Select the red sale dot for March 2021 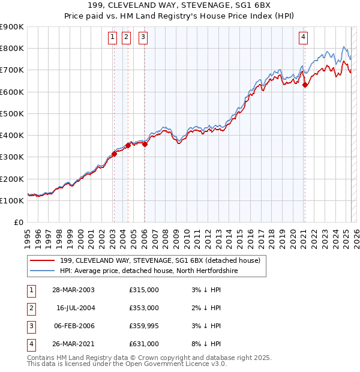pyautogui.click(x=305, y=85)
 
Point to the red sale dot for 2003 pyautogui.click(x=114, y=154)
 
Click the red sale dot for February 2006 pyautogui.click(x=145, y=144)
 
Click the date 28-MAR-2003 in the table pyautogui.click(x=73, y=290)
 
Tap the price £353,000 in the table pyautogui.click(x=144, y=308)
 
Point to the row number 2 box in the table pyautogui.click(x=31, y=308)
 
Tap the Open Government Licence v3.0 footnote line pyautogui.click(x=127, y=364)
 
